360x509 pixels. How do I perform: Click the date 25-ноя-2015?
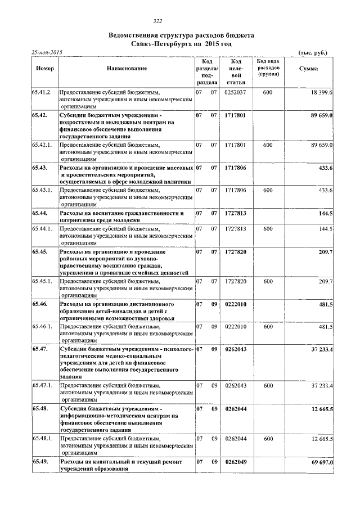48,52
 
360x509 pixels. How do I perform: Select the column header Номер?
44,68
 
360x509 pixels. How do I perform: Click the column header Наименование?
127,68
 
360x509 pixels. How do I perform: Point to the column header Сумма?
309,68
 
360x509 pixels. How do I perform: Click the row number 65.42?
40,115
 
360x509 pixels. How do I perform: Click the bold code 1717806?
235,168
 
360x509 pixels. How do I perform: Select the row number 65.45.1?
42,281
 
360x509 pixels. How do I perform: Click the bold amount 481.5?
326,304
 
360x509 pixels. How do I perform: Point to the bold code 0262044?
235,409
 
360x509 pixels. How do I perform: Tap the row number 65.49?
40,462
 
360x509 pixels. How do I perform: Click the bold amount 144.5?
326,214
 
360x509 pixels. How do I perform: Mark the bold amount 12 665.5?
322,409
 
